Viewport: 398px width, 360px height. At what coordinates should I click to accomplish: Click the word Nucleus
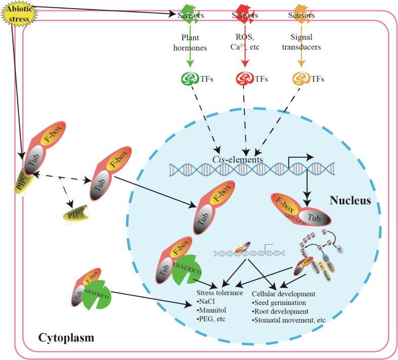350,200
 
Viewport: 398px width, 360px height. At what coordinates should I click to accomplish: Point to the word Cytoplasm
66,337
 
